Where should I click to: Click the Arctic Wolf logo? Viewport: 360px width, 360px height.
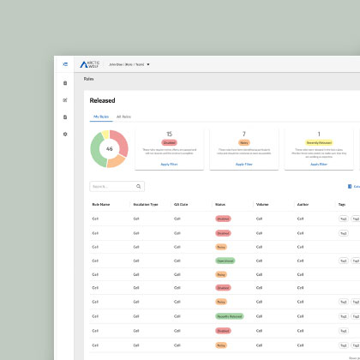point(90,64)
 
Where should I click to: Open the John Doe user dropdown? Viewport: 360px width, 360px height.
point(129,64)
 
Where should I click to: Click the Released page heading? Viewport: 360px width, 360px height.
point(102,100)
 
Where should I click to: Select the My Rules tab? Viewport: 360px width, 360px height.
point(100,116)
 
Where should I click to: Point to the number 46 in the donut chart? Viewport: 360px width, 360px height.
point(109,148)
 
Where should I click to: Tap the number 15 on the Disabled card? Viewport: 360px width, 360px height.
point(169,134)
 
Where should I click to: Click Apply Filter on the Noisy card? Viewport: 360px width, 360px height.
point(243,164)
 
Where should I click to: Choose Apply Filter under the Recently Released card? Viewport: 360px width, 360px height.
point(318,164)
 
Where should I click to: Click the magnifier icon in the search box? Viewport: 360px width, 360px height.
point(139,186)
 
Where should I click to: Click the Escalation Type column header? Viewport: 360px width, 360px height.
point(146,205)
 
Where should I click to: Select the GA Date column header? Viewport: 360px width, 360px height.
point(181,205)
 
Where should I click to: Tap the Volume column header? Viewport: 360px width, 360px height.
point(262,205)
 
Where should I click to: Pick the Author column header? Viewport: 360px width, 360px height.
point(302,205)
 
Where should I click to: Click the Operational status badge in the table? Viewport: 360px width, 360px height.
point(225,261)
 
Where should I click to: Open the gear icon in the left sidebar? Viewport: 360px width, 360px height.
point(65,135)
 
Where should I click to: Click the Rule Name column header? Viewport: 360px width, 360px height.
point(100,205)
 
